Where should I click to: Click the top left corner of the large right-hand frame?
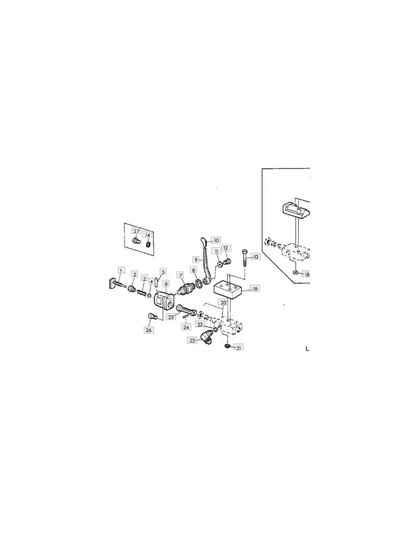point(262,169)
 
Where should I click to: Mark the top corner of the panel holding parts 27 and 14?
point(124,223)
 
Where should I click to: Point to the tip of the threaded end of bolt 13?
point(245,266)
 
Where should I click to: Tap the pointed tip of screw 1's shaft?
point(126,286)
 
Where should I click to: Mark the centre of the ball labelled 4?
point(149,296)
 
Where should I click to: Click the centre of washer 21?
point(227,346)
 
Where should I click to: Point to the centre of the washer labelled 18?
point(296,273)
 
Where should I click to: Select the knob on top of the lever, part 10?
point(203,241)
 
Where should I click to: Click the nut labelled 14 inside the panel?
point(148,243)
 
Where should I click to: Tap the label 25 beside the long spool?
point(171,317)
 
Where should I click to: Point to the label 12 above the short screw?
point(226,248)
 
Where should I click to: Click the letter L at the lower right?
point(307,349)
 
